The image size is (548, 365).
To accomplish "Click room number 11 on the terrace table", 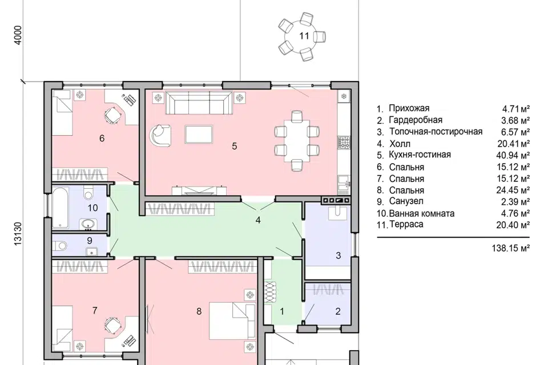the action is pos(304,35).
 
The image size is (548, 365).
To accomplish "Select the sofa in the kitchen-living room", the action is pos(199,102).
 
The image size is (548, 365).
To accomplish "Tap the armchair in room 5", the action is pos(160,135).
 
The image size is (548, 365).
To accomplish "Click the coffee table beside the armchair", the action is pos(199,135).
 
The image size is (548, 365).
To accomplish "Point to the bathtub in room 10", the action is pos(61,208).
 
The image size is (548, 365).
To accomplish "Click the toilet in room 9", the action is pos(61,246).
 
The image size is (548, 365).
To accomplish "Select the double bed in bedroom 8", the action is pos(232,321).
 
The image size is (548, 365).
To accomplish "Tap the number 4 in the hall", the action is pos(258,220).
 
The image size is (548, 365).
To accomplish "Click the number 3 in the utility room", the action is pos(338,255).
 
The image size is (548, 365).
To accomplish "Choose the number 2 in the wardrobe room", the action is pos(337,311).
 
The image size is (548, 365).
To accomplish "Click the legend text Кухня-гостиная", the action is pos(420,155).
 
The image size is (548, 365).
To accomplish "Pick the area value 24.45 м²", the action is pos(513,190).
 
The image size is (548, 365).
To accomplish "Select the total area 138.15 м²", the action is pos(510,248).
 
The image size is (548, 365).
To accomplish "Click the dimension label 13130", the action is pos(18,233).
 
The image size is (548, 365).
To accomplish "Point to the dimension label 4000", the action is pos(18,35).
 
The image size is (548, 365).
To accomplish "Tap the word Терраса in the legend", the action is pos(406,224).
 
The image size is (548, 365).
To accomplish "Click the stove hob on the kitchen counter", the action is pos(344,141).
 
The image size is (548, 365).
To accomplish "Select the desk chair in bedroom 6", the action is pos(112,115).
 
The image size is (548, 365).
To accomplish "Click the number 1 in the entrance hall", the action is pos(282,311).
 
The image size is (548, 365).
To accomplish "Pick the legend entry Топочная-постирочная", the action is pos(436,132).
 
